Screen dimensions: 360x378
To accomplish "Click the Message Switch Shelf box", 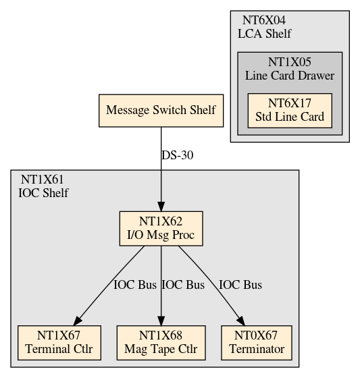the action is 161,111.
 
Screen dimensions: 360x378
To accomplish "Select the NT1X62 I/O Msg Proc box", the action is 161,229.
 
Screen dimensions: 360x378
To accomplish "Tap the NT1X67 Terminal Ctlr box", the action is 59,343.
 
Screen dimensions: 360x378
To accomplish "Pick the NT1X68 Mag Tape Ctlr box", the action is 161,343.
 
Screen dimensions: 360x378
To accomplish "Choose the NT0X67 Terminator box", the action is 257,343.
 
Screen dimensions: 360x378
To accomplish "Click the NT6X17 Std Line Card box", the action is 290,111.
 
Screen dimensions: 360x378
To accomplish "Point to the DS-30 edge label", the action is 178,155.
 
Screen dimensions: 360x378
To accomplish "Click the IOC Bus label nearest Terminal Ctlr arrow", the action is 135,285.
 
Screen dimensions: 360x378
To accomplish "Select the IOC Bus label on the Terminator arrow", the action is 240,285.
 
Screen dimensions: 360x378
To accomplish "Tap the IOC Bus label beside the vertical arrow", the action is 183,285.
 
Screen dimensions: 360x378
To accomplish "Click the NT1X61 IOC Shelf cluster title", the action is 43,186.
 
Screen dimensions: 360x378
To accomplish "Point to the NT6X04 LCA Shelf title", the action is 265,27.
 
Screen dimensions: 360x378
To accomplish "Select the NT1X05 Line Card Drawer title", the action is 290,69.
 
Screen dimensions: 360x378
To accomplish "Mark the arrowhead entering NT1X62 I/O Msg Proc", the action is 161,207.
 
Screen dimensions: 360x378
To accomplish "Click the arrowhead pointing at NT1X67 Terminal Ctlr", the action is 78,321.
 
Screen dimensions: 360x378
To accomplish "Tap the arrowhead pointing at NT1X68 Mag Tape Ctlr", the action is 161,321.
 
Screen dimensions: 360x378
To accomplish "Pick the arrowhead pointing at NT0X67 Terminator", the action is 241,321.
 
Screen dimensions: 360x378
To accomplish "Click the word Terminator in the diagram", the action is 257,349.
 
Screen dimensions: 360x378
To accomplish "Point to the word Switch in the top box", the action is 170,110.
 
